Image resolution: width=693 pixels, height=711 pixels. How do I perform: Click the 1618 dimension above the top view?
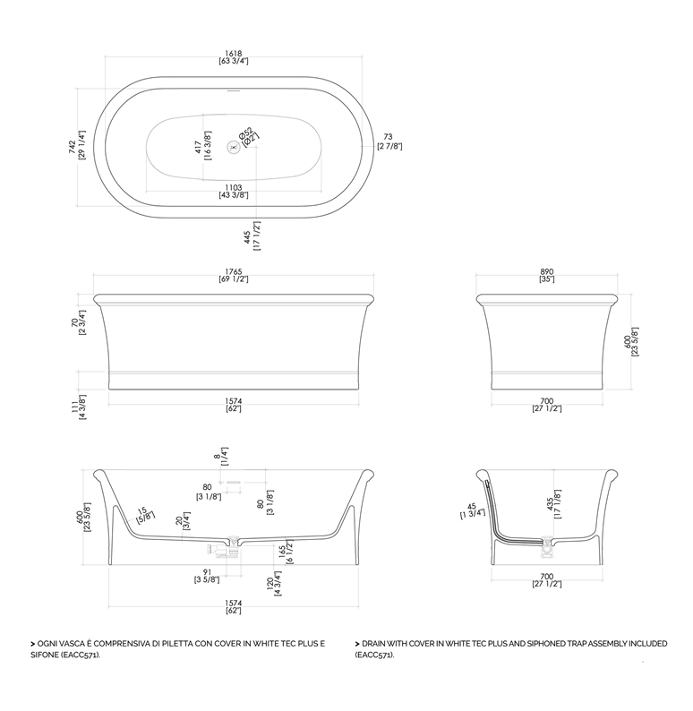(x=234, y=54)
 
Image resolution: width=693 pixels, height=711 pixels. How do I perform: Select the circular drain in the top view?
(x=234, y=147)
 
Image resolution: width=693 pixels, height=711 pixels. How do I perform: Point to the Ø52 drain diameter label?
(x=245, y=133)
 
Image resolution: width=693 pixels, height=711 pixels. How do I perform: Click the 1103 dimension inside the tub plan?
(x=234, y=187)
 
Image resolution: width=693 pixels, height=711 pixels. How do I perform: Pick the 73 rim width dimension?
(x=388, y=136)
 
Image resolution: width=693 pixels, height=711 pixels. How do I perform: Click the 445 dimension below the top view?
(x=247, y=236)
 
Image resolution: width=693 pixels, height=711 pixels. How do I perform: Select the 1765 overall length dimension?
(x=234, y=271)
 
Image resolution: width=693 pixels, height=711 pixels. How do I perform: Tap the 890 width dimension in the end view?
(x=547, y=271)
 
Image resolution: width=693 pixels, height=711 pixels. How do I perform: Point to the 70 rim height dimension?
(x=75, y=322)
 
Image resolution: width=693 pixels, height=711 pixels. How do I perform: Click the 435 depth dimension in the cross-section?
(x=551, y=504)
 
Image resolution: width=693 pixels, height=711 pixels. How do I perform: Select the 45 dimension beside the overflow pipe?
(x=472, y=507)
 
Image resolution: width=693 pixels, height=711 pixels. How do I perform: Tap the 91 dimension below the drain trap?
(x=207, y=573)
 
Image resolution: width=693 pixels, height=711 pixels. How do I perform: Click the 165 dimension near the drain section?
(x=282, y=552)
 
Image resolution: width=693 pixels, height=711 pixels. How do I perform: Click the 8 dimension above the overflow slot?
(x=217, y=456)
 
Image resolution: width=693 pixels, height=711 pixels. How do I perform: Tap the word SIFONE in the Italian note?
(x=45, y=655)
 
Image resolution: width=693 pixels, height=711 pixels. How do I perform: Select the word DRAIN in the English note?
(x=373, y=644)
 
